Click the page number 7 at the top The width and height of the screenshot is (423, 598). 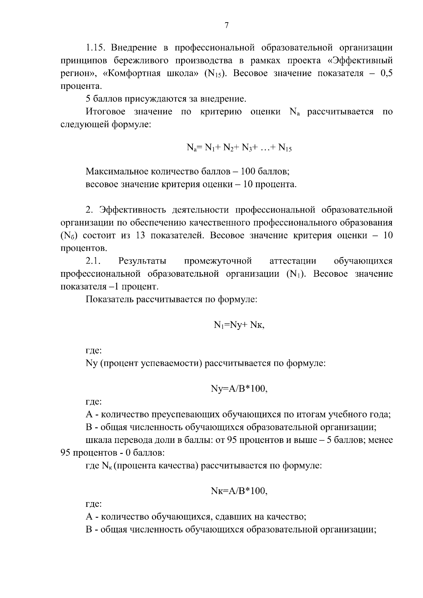click(227, 25)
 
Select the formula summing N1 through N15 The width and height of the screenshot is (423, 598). click(239, 148)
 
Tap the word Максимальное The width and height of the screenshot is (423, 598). click(117, 172)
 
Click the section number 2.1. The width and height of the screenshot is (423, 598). click(93, 261)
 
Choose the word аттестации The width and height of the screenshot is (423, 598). click(293, 261)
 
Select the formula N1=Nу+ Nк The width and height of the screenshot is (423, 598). click(239, 325)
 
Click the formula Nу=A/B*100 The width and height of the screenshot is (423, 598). click(239, 389)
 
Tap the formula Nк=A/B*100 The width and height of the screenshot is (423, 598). click(239, 491)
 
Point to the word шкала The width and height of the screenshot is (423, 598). click(96, 440)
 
